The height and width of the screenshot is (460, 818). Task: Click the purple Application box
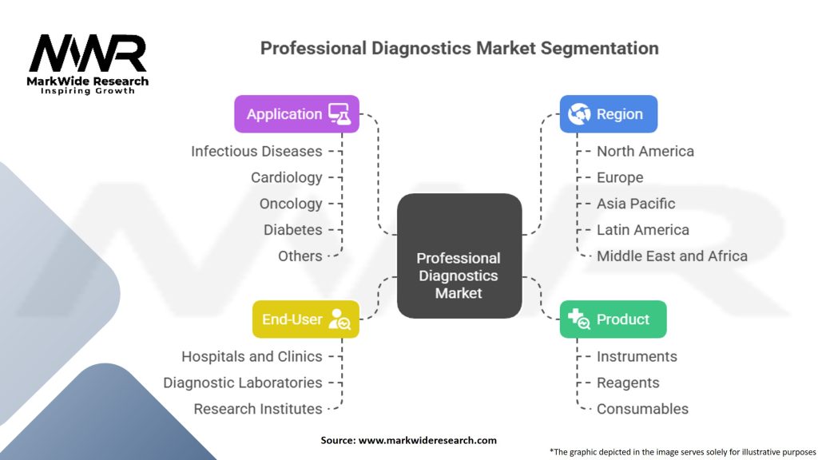[296, 114]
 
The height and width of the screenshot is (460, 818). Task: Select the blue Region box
[608, 114]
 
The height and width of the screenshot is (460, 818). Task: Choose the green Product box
[613, 319]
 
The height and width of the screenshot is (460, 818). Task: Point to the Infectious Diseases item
[256, 151]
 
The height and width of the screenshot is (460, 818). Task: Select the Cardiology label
[287, 177]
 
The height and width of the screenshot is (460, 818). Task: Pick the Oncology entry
[291, 204]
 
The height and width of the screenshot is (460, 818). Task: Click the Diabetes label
[293, 230]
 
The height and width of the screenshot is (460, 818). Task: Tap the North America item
[645, 151]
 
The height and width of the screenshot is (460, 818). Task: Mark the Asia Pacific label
[636, 204]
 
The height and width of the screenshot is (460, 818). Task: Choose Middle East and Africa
[672, 256]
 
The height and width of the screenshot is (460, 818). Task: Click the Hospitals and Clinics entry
[252, 356]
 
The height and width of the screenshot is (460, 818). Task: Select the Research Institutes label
[258, 409]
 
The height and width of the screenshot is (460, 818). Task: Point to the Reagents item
[628, 383]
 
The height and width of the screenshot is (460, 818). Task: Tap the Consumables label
[642, 409]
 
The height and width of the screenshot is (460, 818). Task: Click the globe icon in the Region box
[578, 114]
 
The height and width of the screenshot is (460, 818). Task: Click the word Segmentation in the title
[600, 48]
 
